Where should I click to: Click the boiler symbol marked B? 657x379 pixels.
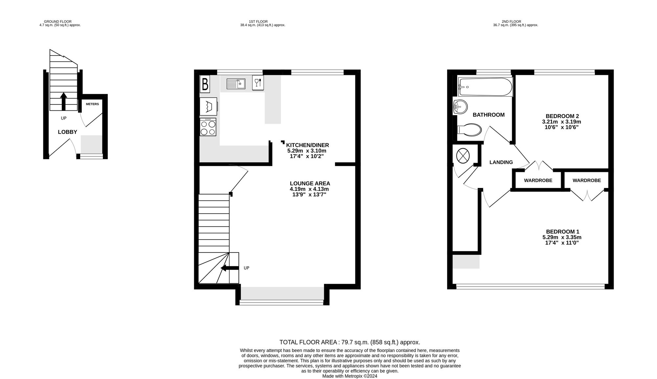pos(205,84)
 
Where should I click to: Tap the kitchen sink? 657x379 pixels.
pos(236,84)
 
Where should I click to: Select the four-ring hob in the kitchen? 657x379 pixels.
pos(208,127)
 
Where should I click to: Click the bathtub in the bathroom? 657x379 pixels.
pos(485,87)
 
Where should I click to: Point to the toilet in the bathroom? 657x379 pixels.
pos(469,130)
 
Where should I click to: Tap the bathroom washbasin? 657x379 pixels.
pos(460,107)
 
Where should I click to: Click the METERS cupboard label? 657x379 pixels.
pos(92,104)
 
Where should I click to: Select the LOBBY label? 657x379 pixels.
pos(67,132)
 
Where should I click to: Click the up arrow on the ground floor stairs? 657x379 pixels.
pos(64,101)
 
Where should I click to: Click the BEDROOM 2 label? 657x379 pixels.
pos(562,116)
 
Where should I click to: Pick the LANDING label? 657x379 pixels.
pos(501,162)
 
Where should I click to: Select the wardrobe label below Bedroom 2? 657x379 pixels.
pos(538,180)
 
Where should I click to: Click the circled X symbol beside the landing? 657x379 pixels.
pos(463,155)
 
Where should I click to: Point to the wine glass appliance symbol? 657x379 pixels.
pos(258,83)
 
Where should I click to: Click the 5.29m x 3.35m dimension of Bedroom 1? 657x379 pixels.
pos(562,237)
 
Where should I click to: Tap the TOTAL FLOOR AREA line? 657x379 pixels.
pos(350,342)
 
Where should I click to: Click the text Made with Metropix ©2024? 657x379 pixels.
pos(350,376)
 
